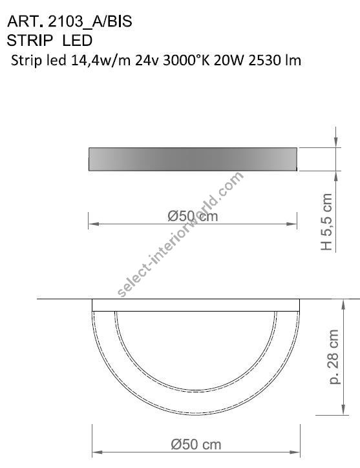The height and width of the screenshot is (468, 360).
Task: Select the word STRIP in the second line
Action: (x=29, y=40)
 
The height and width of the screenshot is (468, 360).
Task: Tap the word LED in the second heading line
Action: (x=78, y=40)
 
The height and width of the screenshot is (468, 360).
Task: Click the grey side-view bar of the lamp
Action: (x=193, y=159)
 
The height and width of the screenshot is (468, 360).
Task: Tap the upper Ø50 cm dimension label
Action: (x=193, y=217)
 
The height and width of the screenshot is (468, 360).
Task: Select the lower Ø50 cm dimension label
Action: (x=196, y=444)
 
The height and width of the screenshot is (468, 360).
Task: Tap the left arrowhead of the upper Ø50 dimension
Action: (x=91, y=225)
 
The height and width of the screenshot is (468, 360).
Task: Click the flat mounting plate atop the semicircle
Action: (x=196, y=305)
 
